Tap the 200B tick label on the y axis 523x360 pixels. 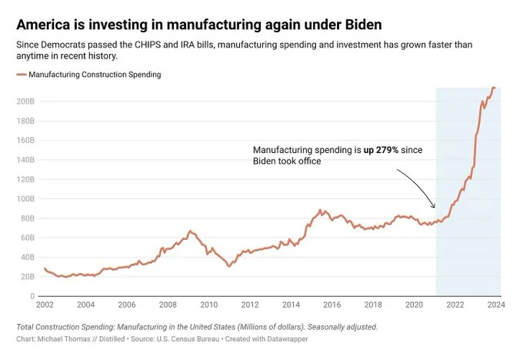tap(25, 102)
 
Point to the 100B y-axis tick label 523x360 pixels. tap(25, 198)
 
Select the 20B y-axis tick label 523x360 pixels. tap(27, 276)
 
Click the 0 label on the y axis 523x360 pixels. tap(31, 296)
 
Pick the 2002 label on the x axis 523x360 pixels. tap(45, 305)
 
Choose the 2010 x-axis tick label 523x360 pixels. tap(209, 305)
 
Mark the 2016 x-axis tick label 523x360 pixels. tap(332, 305)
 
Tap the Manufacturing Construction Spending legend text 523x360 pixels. tap(95, 75)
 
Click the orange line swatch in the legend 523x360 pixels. tap(20, 75)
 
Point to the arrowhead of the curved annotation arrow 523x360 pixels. tap(434, 207)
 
